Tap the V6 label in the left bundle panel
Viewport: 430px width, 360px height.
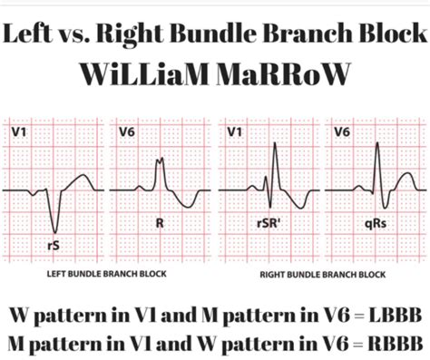[x=128, y=132]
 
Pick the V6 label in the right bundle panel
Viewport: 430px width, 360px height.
[x=342, y=132]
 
